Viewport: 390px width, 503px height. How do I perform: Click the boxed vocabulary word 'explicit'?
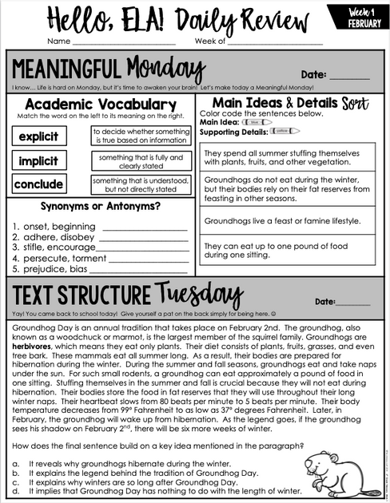tap(38, 137)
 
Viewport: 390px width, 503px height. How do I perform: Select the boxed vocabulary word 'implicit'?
tap(38, 161)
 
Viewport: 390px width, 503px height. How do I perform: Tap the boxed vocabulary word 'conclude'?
tap(38, 184)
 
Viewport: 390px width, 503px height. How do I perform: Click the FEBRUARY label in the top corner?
tap(364, 24)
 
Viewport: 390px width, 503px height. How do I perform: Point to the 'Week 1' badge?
tap(364, 11)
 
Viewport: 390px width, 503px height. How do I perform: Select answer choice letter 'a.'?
tap(15, 463)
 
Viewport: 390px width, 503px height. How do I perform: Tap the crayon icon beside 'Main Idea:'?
tap(254, 122)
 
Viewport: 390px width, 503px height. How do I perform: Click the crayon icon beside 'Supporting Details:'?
tap(285, 130)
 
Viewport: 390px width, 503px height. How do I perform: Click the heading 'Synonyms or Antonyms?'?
tap(99, 206)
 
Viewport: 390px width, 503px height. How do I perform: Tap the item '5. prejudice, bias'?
tap(50, 270)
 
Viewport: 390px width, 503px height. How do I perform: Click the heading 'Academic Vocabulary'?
tap(100, 105)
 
